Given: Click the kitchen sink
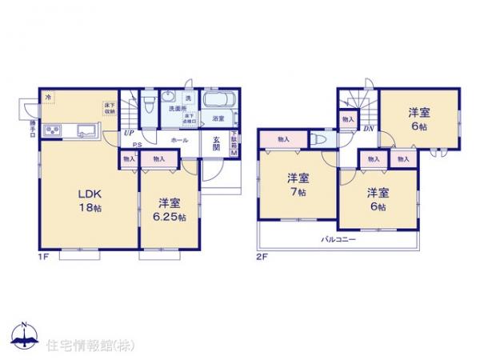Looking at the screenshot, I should tap(86, 130).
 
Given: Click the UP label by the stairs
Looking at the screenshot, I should tap(128, 134).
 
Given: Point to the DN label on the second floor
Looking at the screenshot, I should tap(370, 129).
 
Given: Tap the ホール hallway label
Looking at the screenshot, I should tap(179, 140).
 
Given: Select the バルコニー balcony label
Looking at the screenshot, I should tap(338, 239).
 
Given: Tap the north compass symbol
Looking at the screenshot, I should tap(24, 334).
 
